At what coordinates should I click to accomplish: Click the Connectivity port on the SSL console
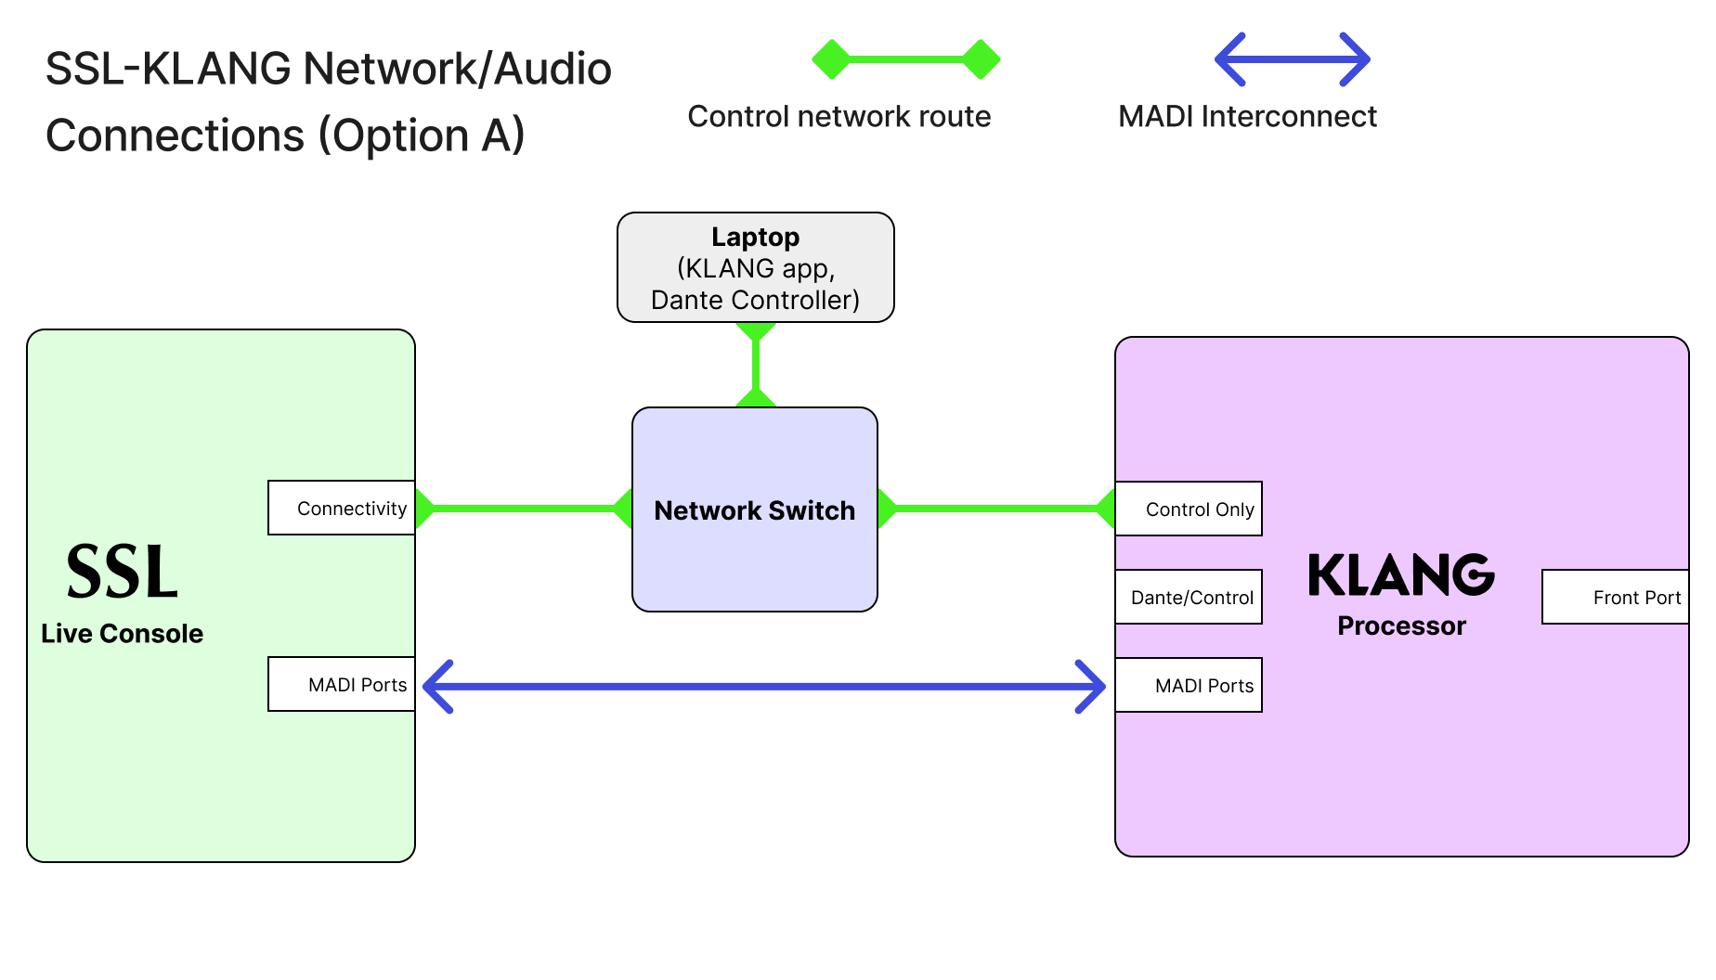[341, 508]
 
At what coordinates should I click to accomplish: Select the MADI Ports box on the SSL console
[341, 685]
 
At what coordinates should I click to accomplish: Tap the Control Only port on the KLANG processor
[1189, 509]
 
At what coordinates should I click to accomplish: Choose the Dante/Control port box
[1189, 597]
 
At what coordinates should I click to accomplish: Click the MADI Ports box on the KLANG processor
[1189, 685]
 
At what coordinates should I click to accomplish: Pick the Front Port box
[1616, 597]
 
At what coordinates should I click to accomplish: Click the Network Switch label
[754, 510]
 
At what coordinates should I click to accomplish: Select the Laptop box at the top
[755, 268]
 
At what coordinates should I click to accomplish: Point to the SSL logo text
[122, 572]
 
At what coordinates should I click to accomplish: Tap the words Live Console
[122, 634]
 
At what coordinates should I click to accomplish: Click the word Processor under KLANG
[1401, 626]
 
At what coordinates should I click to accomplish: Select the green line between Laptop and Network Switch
[756, 365]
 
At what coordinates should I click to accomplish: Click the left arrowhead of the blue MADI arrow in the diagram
[436, 687]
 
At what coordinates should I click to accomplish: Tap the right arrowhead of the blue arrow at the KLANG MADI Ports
[1092, 687]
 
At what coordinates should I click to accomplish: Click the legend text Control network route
[838, 117]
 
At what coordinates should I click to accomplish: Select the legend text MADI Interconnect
[1246, 117]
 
